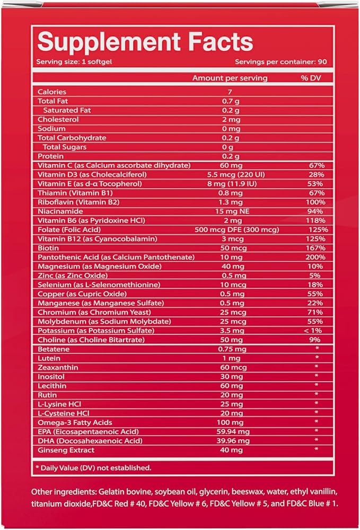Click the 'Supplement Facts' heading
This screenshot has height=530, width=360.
[x=145, y=42]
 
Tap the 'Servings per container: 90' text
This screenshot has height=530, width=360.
[x=281, y=61]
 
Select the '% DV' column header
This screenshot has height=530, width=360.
[x=311, y=78]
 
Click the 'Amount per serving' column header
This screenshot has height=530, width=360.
[x=230, y=78]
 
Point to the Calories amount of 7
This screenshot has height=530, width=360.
[x=230, y=92]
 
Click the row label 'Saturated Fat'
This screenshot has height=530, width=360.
[x=67, y=110]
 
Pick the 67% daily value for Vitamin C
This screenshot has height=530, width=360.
[x=317, y=165]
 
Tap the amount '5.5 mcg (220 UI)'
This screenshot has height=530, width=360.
[x=236, y=174]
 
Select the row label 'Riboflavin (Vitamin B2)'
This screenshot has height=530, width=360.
[x=78, y=202]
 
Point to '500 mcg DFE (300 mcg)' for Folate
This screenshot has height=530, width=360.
[x=236, y=230]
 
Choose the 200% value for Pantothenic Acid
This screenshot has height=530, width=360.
[x=315, y=257]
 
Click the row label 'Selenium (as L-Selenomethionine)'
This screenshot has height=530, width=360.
[x=99, y=285]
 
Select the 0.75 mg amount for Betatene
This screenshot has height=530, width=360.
[x=232, y=349]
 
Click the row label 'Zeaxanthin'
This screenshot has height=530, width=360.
[x=58, y=367]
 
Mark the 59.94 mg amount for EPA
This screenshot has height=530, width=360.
[x=233, y=431]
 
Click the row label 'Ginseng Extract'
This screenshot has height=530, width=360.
[x=66, y=450]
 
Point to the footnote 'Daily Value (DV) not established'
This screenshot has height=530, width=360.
[x=95, y=468]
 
